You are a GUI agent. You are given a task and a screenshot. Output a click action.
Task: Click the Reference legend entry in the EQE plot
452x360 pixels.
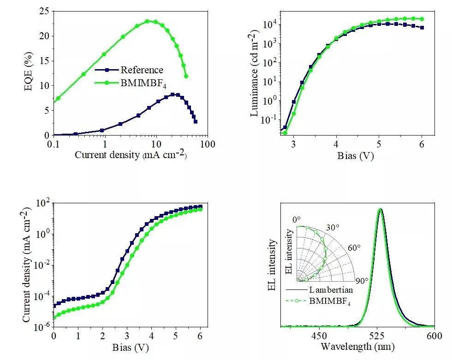(142, 70)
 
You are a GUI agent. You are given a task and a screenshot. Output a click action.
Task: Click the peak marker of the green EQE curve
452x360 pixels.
(148, 21)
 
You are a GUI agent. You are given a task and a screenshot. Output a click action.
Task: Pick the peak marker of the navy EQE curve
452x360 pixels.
(172, 94)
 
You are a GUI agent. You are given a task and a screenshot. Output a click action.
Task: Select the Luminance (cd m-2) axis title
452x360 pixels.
(254, 74)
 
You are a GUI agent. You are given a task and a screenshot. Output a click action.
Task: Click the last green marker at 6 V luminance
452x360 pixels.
(422, 19)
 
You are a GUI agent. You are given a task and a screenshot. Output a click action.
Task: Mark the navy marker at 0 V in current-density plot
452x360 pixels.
(54, 306)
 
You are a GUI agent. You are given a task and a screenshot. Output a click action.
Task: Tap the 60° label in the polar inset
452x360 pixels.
(354, 248)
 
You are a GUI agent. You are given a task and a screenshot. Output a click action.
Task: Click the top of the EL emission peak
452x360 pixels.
(381, 209)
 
